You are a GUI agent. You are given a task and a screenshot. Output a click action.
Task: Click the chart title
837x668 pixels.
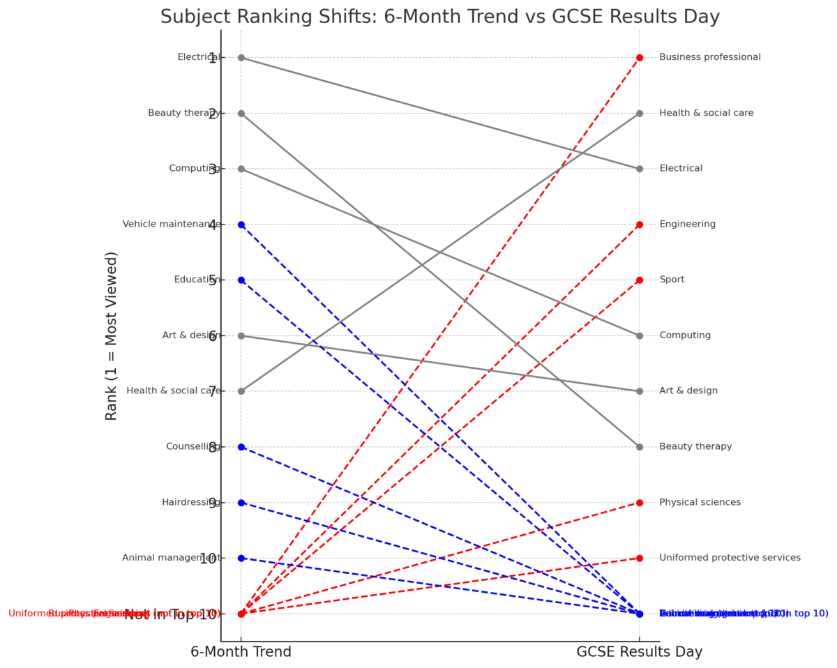click(x=439, y=17)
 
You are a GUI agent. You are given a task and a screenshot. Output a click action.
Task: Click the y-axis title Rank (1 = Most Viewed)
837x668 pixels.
click(x=112, y=335)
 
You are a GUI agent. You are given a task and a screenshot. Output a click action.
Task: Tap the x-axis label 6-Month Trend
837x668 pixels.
click(x=241, y=652)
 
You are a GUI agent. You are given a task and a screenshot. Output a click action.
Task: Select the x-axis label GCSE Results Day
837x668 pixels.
click(x=639, y=652)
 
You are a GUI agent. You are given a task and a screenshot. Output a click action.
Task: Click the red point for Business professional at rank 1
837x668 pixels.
click(x=639, y=57)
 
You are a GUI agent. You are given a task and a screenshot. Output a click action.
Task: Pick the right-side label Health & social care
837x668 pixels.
click(x=706, y=113)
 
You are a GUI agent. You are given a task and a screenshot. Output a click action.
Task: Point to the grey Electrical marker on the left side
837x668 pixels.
click(x=241, y=57)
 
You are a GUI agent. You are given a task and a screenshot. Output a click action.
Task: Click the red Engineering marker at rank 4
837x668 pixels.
click(x=639, y=225)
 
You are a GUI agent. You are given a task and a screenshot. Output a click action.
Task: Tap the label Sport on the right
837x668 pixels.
click(x=672, y=280)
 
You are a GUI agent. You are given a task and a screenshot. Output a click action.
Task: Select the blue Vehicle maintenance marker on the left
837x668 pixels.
click(x=241, y=225)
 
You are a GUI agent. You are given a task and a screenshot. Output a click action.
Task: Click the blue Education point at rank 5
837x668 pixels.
click(x=241, y=280)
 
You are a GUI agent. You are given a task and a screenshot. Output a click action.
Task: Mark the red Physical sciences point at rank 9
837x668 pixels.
click(x=639, y=503)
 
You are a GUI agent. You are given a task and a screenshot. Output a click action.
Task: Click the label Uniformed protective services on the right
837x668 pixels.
click(x=730, y=558)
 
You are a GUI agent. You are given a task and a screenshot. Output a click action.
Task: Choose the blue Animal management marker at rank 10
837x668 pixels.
click(x=241, y=558)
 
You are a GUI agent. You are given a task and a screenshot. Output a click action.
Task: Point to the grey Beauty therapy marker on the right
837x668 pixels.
click(x=639, y=447)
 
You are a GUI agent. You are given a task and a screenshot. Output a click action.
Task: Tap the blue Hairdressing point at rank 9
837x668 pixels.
click(x=241, y=503)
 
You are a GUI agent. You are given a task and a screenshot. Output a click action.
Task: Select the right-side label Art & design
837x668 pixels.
click(x=688, y=391)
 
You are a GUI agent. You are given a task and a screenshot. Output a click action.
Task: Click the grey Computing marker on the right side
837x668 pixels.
click(x=639, y=335)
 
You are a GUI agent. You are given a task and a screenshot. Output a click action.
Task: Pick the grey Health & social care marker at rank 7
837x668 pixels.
click(x=241, y=391)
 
